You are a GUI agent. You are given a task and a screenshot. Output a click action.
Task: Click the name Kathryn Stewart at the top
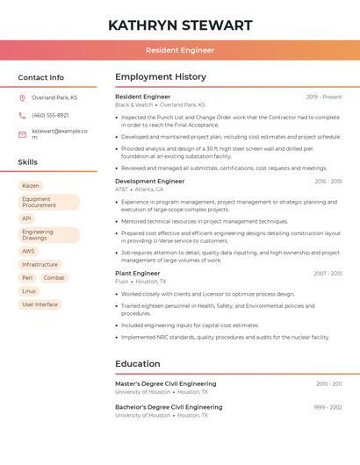tap(180, 25)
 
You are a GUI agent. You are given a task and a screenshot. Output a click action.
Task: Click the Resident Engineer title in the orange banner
tap(180, 50)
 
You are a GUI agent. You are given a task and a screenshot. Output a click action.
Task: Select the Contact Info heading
tap(40, 77)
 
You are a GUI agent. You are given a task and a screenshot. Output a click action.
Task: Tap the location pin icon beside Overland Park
tap(23, 97)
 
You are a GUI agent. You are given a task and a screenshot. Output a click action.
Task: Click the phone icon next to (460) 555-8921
tap(23, 115)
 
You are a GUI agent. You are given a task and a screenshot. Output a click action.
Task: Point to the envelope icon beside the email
tap(23, 133)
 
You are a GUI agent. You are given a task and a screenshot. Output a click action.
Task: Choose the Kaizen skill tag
tap(31, 186)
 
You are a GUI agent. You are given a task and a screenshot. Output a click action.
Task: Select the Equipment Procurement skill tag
tap(48, 203)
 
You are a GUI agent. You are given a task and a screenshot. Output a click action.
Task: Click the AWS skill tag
tap(29, 251)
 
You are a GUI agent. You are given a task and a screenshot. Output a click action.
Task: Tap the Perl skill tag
tap(27, 277)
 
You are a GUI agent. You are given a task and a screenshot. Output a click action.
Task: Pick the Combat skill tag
tap(54, 277)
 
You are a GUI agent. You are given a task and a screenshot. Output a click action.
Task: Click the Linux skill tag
tap(29, 290)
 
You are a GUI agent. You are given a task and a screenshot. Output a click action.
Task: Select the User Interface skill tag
tap(40, 304)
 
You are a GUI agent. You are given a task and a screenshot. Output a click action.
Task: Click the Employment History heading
tap(161, 77)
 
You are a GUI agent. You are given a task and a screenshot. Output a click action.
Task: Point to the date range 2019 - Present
tap(324, 97)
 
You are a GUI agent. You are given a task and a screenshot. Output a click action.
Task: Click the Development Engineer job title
tap(149, 181)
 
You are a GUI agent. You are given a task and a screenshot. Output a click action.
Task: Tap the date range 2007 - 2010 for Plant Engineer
tap(328, 274)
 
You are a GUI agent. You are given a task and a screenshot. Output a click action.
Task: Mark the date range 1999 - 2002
tap(328, 407)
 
